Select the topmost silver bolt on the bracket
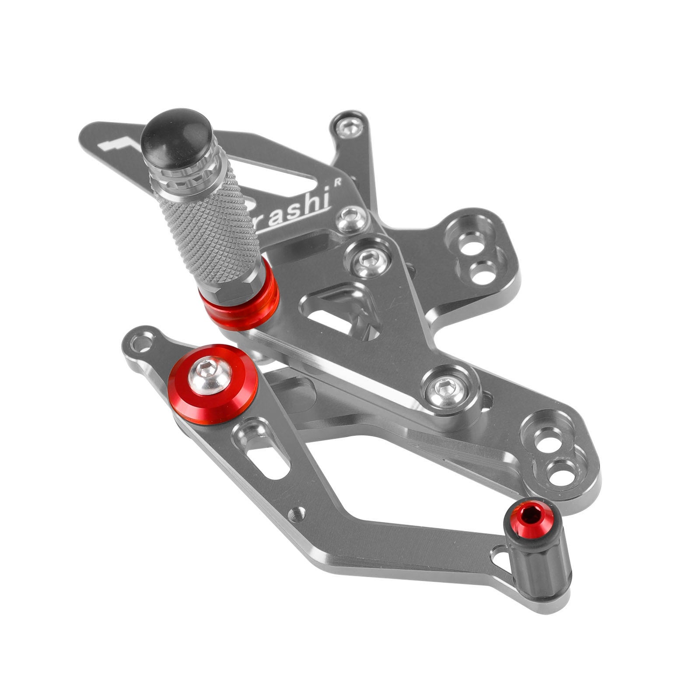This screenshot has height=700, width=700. click(x=350, y=127)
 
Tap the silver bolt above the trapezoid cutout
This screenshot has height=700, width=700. click(x=367, y=260)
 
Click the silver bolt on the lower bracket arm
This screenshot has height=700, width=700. click(x=444, y=387)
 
